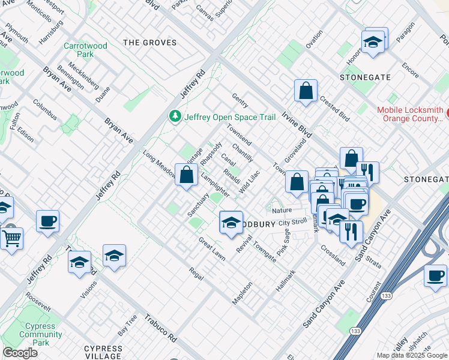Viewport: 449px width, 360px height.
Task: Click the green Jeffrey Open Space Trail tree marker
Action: point(175,116)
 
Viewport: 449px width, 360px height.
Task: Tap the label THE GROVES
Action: point(149,43)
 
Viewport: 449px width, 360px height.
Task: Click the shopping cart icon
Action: point(11,239)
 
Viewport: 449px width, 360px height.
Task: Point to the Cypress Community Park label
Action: point(41,334)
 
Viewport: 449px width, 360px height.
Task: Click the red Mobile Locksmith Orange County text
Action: point(410,115)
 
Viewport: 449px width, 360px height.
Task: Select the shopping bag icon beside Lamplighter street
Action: point(187,175)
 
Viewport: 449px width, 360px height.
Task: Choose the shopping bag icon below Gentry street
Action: point(306,91)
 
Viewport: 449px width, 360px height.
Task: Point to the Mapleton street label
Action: point(243,293)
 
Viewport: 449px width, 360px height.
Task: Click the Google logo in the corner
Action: point(20,353)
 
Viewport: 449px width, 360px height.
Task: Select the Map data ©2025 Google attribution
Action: point(412,355)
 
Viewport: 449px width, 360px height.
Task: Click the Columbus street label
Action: point(45,110)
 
